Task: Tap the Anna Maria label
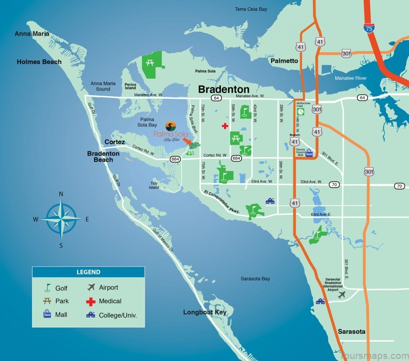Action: [32, 34]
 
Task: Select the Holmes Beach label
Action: [39, 62]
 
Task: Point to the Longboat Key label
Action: [204, 312]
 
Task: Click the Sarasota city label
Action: [352, 332]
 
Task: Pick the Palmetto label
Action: [284, 61]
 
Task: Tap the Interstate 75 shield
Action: [369, 30]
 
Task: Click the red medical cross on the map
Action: [224, 126]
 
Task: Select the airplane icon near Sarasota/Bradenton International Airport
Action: [342, 295]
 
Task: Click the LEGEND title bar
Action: [88, 272]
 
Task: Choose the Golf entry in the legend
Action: [57, 288]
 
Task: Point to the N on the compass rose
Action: [61, 194]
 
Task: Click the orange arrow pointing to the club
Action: [187, 141]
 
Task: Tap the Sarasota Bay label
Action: [255, 279]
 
